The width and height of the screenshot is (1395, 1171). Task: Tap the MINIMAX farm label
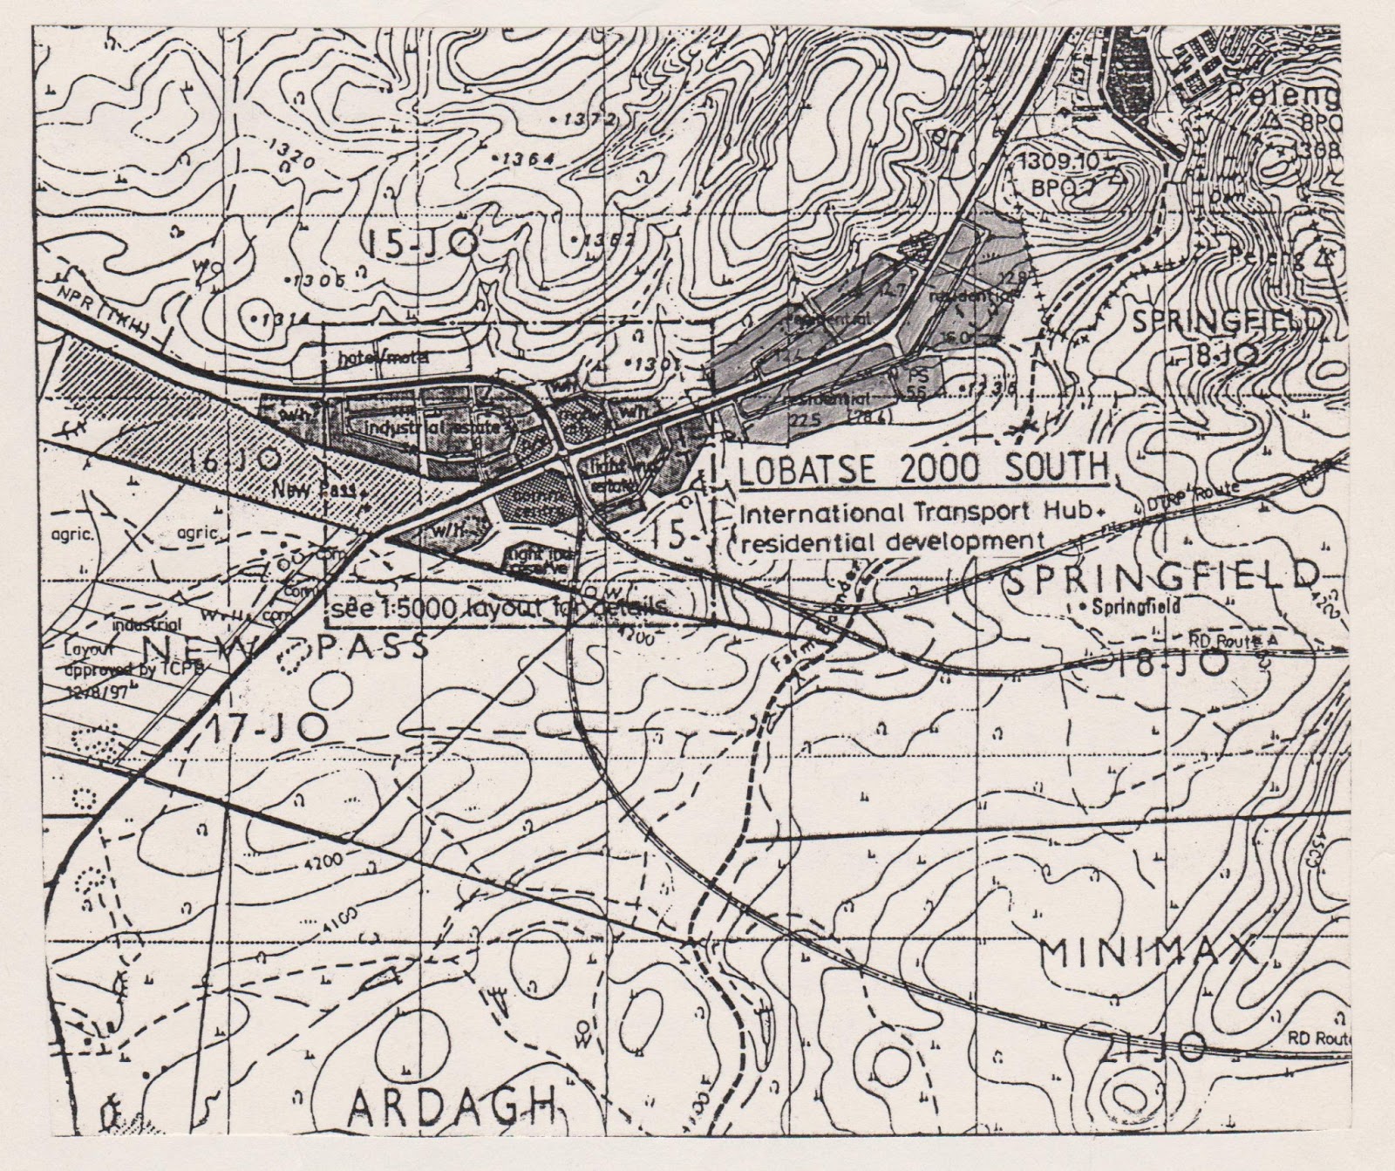[x=1151, y=952]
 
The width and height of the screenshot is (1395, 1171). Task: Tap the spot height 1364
[x=522, y=159]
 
